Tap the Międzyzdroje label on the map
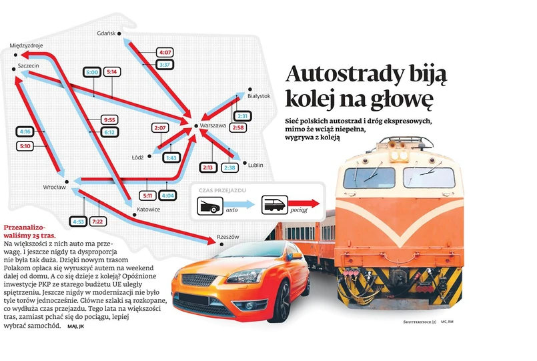pos(27,45)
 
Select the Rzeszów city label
pos(227,237)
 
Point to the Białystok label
pos(258,96)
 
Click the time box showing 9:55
pos(110,120)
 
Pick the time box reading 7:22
pos(99,221)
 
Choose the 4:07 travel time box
pos(165,52)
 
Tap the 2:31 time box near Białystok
pos(243,116)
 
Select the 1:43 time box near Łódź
pos(170,157)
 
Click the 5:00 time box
pos(92,71)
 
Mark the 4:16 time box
pos(26,132)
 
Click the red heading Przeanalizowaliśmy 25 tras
pos(30,232)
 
